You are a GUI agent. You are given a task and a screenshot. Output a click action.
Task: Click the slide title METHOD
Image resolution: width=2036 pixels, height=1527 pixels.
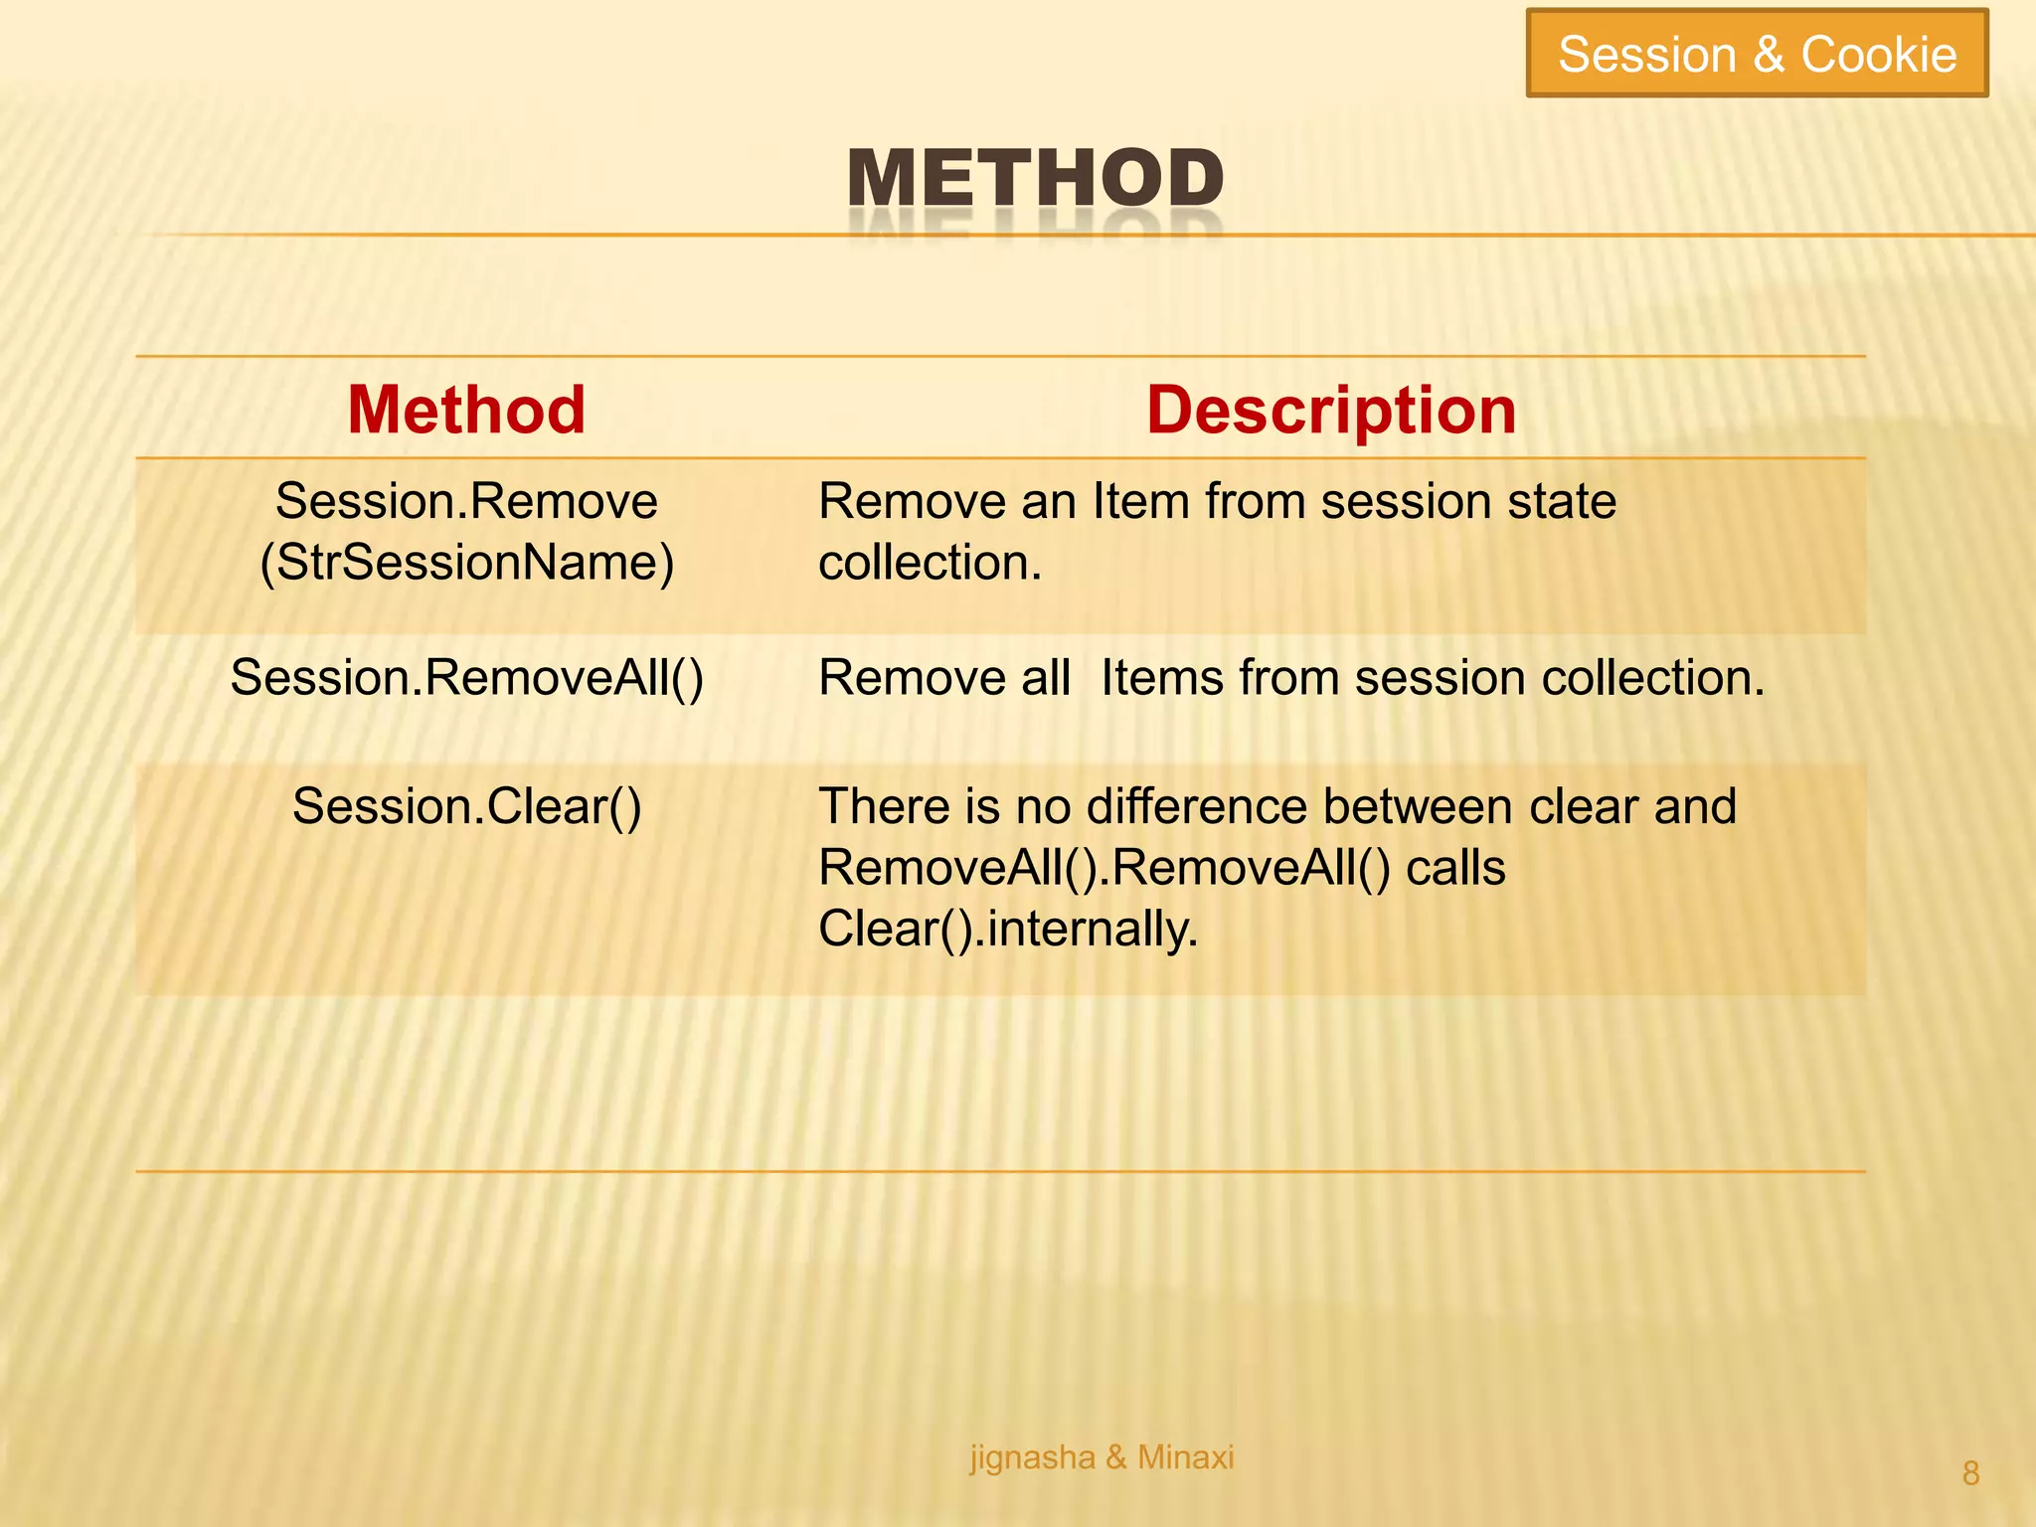tap(1035, 179)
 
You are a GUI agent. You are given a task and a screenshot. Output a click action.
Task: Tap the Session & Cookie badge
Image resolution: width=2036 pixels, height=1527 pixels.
tap(1757, 54)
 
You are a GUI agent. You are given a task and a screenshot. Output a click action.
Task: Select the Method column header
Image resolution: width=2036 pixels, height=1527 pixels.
tap(466, 410)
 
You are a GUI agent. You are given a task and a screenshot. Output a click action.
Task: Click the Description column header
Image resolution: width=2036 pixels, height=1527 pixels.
tap(1331, 410)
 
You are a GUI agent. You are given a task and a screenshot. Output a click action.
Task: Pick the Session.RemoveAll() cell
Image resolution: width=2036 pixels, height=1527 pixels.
tap(466, 678)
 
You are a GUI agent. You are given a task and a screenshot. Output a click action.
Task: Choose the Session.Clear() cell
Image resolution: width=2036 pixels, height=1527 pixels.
tap(466, 806)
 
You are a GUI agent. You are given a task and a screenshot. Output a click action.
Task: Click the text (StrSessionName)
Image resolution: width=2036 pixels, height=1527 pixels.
tap(466, 563)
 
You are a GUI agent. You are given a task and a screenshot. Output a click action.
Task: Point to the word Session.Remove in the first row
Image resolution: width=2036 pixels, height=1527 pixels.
tap(466, 501)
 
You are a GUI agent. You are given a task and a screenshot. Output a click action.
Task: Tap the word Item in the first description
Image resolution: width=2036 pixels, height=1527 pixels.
tap(1141, 501)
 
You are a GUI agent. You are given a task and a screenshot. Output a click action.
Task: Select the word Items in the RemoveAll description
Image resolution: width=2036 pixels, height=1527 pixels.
tap(1161, 678)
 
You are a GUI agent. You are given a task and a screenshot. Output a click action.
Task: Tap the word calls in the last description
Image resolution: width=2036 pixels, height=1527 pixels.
tap(1455, 868)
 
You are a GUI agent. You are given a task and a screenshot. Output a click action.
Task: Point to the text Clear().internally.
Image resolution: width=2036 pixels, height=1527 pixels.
tap(1008, 930)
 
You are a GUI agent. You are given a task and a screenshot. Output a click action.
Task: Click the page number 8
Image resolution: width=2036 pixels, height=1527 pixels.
tap(1971, 1473)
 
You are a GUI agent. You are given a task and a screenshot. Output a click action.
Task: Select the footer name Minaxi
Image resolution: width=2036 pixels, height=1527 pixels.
tap(1185, 1457)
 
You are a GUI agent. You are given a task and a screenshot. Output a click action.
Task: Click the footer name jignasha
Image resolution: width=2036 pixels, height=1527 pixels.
tap(1032, 1458)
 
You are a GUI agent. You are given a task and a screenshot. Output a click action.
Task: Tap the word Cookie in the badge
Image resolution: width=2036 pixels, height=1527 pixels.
tap(1879, 54)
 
